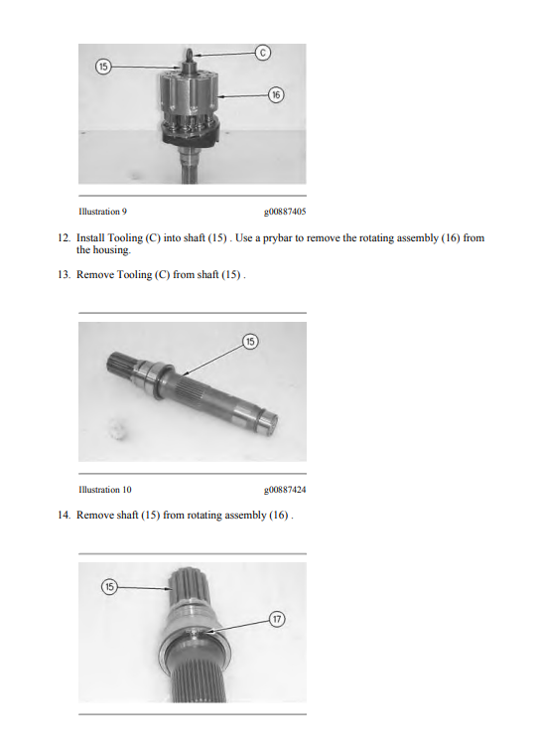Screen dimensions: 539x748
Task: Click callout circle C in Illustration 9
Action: click(263, 52)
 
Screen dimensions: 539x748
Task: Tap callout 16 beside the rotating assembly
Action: click(276, 94)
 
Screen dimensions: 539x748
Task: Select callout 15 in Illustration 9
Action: click(103, 67)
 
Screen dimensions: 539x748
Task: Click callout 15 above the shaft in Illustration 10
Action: click(250, 342)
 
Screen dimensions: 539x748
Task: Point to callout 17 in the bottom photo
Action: click(277, 619)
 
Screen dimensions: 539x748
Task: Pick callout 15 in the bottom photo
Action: click(109, 586)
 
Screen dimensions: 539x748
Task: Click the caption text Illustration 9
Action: click(103, 212)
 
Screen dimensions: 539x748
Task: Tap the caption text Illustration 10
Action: click(105, 490)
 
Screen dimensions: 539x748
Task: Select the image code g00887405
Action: click(285, 212)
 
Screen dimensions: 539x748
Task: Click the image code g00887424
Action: click(285, 490)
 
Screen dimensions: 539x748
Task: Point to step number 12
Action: click(64, 237)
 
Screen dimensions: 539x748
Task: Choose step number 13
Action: click(64, 274)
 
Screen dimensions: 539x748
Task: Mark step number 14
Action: click(64, 515)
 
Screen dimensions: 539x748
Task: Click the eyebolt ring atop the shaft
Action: click(189, 53)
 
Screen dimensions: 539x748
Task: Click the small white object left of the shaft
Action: click(117, 428)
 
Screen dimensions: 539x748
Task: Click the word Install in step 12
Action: click(90, 237)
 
